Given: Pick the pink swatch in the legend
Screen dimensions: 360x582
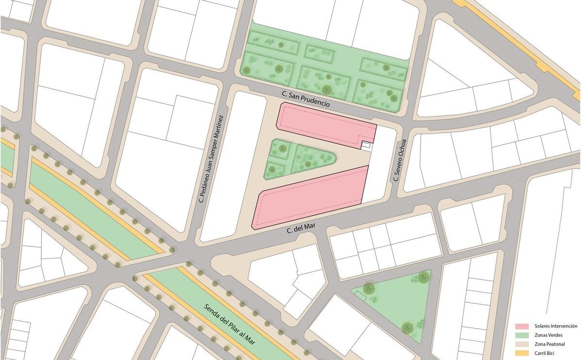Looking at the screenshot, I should click(522, 326).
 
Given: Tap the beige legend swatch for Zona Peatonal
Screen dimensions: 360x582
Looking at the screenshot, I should click(522, 343).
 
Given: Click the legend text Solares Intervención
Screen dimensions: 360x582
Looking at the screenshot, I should click(555, 326).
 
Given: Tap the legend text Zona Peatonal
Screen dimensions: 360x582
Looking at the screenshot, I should click(548, 343).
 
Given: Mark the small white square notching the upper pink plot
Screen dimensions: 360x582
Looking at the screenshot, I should click(366, 145).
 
